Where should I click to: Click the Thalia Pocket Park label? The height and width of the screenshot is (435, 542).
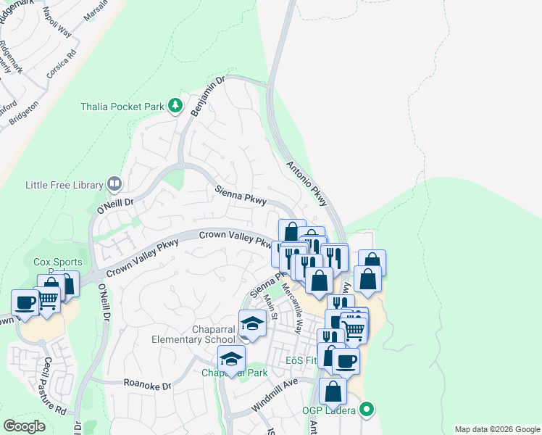[122, 107]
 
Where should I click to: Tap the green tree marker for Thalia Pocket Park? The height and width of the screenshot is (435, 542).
[175, 107]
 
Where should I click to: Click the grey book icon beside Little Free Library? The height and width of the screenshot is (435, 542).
[114, 184]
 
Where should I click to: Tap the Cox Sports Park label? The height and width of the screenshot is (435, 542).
[58, 262]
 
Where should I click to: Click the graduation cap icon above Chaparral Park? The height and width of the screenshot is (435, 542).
[232, 358]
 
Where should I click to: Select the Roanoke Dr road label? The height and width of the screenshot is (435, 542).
[146, 385]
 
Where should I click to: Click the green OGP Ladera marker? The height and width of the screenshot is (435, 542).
[367, 410]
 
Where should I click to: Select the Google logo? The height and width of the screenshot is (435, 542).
[24, 426]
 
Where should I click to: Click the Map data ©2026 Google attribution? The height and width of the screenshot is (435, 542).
[496, 429]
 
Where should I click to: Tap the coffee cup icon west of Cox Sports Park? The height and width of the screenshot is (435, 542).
[25, 303]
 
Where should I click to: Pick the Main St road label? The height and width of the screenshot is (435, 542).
[271, 307]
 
